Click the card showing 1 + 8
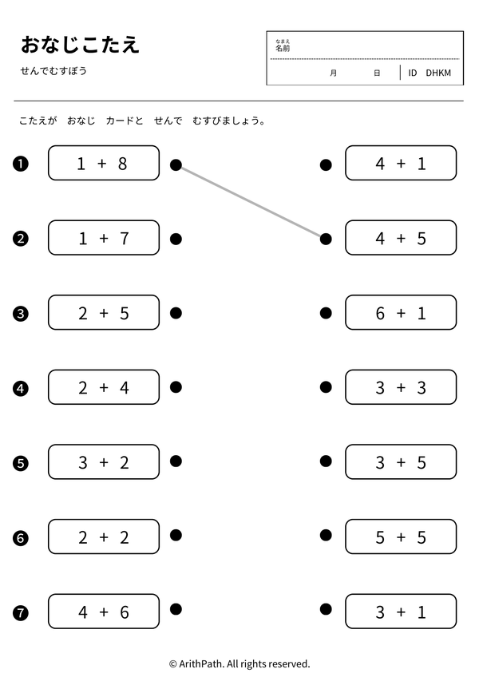(104, 163)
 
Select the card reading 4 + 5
(401, 237)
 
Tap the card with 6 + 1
(401, 312)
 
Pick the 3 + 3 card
(401, 387)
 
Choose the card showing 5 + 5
(401, 536)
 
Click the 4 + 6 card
(104, 611)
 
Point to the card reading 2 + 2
(104, 536)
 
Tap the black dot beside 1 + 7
(176, 239)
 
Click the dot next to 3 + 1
(326, 609)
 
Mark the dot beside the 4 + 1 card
(326, 164)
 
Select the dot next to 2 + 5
(176, 313)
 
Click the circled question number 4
(21, 389)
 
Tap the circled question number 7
(21, 613)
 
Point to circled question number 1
(21, 164)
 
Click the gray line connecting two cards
(251, 202)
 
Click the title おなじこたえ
(81, 45)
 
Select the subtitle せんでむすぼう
(53, 71)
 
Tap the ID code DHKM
(438, 73)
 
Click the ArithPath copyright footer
(239, 663)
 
